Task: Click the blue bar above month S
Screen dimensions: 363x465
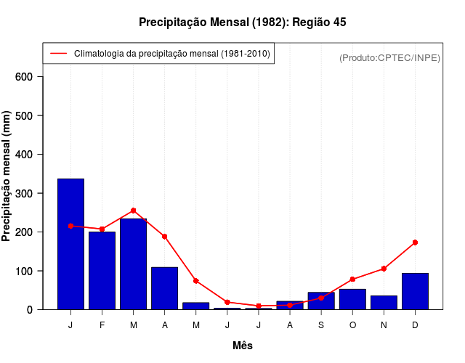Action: [x=321, y=301]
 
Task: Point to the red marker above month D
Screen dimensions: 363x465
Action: [x=415, y=242]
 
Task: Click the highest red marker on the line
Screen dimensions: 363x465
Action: [x=133, y=211]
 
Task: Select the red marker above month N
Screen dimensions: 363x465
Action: [x=384, y=269]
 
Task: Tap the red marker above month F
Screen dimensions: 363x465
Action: [x=102, y=229]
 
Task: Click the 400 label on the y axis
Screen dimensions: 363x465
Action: [x=32, y=155]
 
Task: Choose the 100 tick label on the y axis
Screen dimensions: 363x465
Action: [x=32, y=271]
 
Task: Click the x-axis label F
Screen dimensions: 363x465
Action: [x=102, y=325]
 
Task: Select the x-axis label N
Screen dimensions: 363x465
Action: [x=384, y=325]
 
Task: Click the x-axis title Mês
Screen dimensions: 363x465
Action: [x=243, y=346]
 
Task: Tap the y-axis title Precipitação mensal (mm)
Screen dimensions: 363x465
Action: [x=7, y=176]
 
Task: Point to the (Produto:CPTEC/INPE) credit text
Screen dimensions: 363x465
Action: [x=389, y=57]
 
